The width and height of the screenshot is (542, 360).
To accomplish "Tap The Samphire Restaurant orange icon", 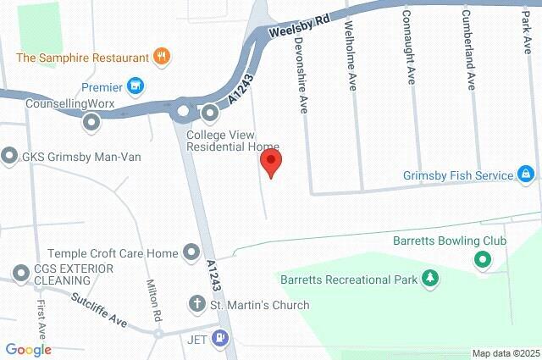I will (x=162, y=58).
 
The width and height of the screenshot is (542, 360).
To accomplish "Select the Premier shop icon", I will (x=135, y=86).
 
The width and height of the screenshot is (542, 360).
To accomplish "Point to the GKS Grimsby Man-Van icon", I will (x=10, y=156).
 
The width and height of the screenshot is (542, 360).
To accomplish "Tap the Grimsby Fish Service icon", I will (x=526, y=175).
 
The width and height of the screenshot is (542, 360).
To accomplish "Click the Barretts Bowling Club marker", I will (x=483, y=261).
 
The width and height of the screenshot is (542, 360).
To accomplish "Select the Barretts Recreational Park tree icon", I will (x=430, y=278).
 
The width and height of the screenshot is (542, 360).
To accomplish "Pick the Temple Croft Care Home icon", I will (x=191, y=252).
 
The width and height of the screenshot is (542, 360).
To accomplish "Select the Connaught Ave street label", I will (x=409, y=47).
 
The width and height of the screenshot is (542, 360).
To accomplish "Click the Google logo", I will (x=28, y=350).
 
